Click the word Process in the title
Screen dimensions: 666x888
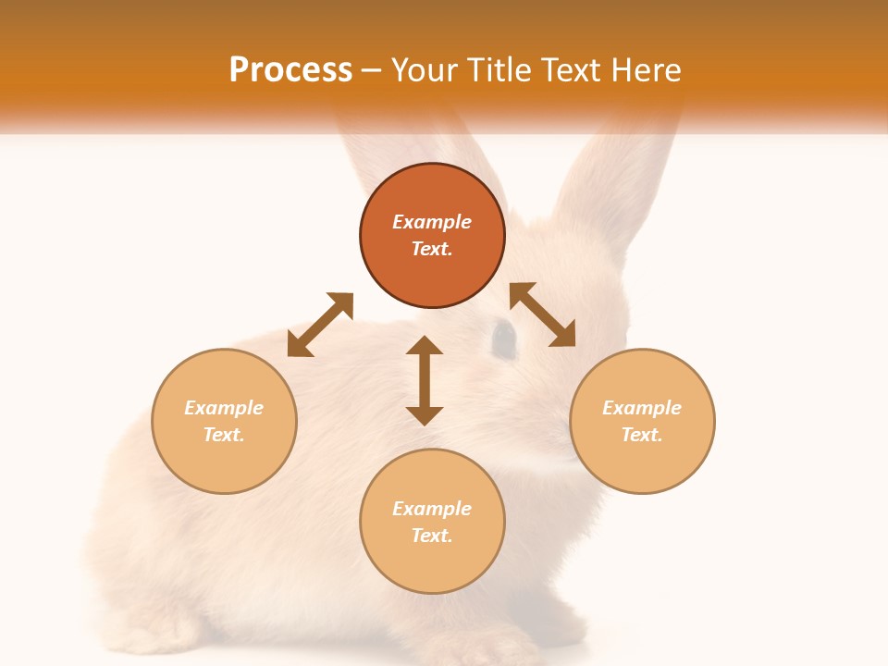[x=290, y=70]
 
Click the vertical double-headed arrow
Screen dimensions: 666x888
[x=425, y=380]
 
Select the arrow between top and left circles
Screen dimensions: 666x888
[x=320, y=325]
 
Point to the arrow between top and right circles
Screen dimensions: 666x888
[x=542, y=314]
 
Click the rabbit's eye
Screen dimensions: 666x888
[x=502, y=339]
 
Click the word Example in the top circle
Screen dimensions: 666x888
[x=432, y=222]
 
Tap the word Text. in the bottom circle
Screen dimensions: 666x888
[x=432, y=536]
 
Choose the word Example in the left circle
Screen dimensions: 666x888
[x=224, y=408]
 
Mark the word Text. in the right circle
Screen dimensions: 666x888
[x=642, y=435]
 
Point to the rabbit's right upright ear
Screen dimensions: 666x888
[x=601, y=176]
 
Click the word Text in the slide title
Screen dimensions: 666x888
[x=566, y=70]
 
